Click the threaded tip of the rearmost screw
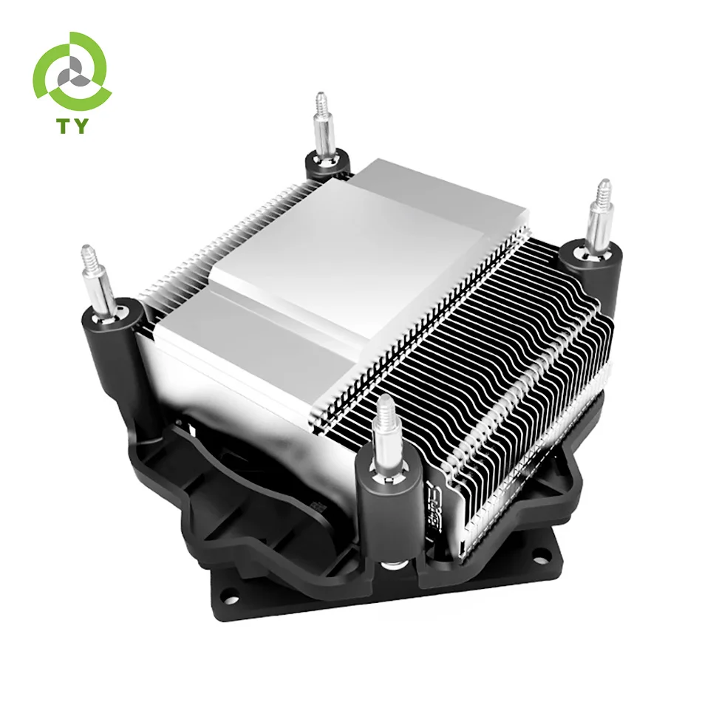pos(321,100)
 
